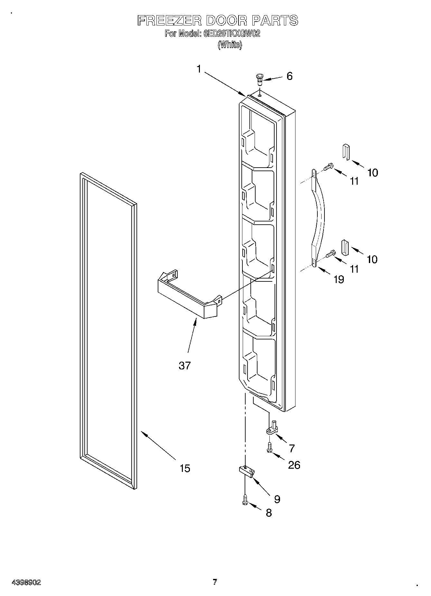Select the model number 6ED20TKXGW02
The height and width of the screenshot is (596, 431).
click(x=232, y=34)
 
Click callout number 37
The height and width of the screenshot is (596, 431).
click(x=185, y=365)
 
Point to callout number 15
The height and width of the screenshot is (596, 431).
click(x=185, y=468)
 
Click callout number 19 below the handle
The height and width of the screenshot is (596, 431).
click(x=339, y=279)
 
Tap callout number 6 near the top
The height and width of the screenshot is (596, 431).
click(x=289, y=76)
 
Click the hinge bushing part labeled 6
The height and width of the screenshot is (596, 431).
click(x=259, y=79)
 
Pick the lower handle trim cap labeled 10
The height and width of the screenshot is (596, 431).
click(x=345, y=247)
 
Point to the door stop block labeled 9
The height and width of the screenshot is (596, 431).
click(x=247, y=471)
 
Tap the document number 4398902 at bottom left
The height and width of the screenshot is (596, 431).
click(x=26, y=582)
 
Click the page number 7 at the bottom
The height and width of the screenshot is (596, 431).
click(x=215, y=582)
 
